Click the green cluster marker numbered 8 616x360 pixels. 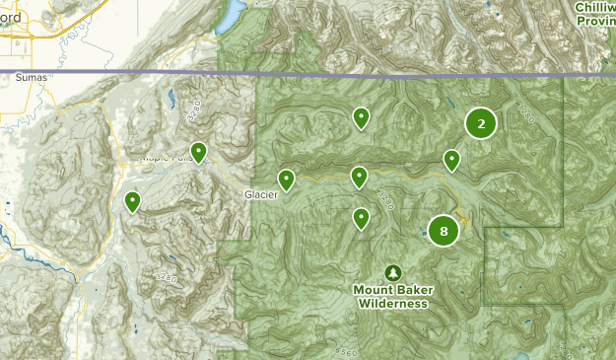444,232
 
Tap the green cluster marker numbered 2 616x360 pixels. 481,123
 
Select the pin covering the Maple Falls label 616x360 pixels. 199,152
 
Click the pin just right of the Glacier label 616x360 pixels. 286,180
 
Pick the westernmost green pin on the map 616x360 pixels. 132,201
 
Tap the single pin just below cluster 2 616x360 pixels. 451,160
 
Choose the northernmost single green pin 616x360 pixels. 362,118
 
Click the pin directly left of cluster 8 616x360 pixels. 362,218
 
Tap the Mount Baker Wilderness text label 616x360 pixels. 393,297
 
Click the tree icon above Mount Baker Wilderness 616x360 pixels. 393,272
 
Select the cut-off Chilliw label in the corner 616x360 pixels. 595,8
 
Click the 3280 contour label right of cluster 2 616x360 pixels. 523,117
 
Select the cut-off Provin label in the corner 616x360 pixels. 597,22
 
